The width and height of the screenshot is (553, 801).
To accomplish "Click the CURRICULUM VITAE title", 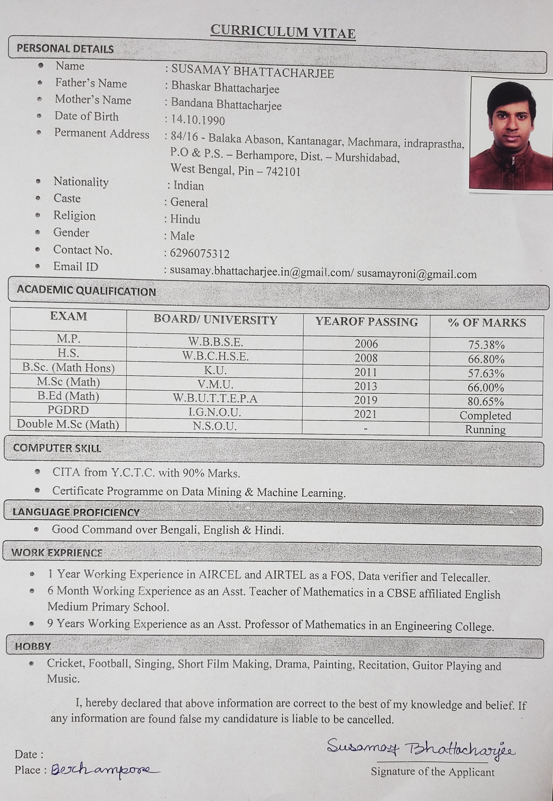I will [283, 32].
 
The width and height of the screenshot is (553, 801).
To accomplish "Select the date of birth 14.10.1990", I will [198, 120].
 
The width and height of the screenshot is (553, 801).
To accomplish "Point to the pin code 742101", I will [283, 172].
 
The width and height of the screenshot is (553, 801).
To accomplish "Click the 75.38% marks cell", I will [486, 345].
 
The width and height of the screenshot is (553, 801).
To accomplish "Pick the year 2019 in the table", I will [366, 400].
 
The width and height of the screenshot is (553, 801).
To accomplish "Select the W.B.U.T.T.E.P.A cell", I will [215, 398].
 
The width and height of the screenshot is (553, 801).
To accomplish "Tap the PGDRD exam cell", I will [68, 410].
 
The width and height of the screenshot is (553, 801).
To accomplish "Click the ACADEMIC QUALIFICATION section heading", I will [86, 291].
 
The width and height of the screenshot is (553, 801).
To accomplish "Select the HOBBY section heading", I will [33, 646].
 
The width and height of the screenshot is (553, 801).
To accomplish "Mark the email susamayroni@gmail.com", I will [417, 274].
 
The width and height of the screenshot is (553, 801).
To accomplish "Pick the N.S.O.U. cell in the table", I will [215, 426].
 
